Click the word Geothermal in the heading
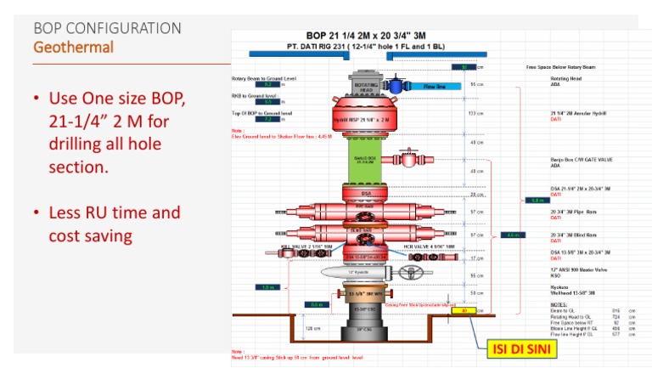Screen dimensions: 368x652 [x=73, y=47]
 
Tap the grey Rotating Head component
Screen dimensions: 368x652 [x=365, y=86]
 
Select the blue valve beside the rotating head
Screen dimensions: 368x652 [x=395, y=86]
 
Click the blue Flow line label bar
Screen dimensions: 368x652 [x=435, y=87]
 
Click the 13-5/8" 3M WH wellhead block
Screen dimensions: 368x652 [x=365, y=294]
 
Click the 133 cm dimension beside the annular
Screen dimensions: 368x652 [x=476, y=113]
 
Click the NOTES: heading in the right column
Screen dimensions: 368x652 [x=559, y=303]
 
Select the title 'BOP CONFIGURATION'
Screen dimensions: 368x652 [x=106, y=28]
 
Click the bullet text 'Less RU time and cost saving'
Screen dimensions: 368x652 [x=115, y=223]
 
